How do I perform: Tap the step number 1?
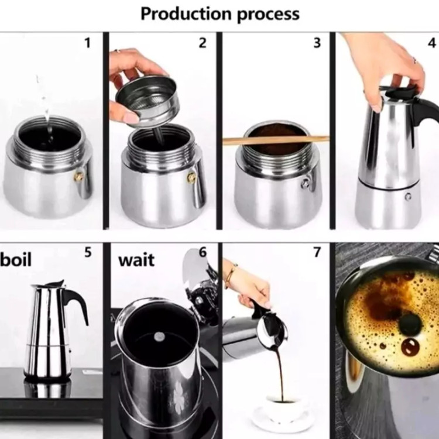[88, 43]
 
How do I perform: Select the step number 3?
[317, 43]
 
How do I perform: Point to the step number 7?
[317, 252]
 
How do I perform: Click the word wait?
[136, 260]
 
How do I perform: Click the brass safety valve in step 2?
[191, 177]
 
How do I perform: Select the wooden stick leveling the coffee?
[276, 140]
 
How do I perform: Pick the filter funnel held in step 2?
[148, 102]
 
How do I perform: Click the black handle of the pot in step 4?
[424, 112]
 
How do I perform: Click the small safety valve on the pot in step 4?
[408, 197]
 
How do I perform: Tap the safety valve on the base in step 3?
[306, 183]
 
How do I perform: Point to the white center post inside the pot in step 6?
[160, 336]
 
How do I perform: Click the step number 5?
[88, 252]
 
